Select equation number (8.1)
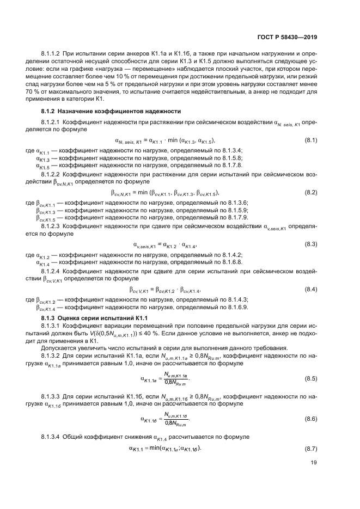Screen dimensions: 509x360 310,140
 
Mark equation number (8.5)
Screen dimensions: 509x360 310,378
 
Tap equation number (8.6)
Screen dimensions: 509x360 310,419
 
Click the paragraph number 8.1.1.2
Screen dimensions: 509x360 53,54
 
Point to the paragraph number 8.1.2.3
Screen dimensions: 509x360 53,225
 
